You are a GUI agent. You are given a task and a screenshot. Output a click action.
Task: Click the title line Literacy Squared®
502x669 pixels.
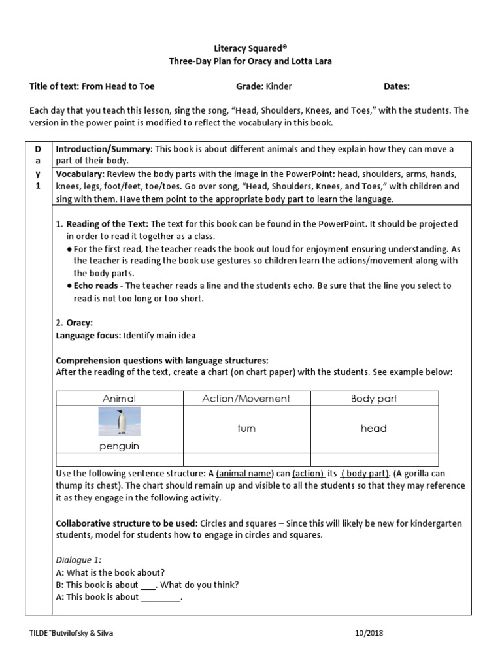251,48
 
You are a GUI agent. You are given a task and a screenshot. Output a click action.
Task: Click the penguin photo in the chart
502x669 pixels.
120,421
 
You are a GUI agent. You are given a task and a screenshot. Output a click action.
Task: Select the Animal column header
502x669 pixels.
120,399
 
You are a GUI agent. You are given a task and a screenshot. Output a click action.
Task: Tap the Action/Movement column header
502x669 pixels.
246,399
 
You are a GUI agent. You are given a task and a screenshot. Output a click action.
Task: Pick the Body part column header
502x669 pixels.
374,399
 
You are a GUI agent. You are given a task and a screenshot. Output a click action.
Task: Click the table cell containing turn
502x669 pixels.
246,429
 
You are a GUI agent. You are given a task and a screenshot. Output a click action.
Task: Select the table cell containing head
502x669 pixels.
374,429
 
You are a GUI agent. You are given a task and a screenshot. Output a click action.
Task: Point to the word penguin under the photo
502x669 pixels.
120,446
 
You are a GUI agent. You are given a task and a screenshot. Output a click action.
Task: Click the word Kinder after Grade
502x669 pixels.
279,86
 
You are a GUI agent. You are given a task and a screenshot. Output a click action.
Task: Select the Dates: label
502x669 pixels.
397,86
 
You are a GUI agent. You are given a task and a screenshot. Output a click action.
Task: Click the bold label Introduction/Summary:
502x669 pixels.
103,149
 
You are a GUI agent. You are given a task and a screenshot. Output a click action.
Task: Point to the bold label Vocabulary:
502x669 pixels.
80,174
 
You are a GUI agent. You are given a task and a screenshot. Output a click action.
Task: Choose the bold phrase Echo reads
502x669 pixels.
96,286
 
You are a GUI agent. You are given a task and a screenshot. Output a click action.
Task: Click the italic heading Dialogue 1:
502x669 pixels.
78,559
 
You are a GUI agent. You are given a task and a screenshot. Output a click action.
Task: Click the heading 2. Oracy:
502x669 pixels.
75,323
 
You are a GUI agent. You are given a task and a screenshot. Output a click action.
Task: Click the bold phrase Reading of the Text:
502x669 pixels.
107,224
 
